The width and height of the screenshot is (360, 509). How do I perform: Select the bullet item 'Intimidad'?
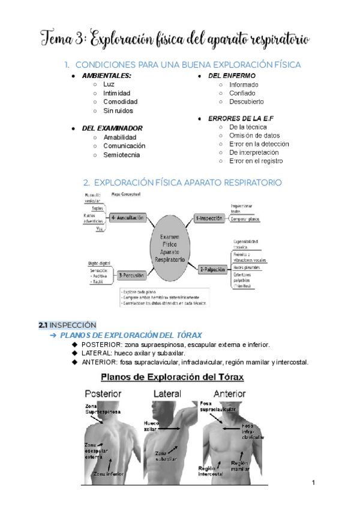[x=116, y=94]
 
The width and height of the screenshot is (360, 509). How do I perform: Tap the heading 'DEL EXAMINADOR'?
[x=112, y=128]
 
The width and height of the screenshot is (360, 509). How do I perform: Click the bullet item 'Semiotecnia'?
[x=122, y=155]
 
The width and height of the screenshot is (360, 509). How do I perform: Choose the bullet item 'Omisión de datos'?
[x=254, y=136]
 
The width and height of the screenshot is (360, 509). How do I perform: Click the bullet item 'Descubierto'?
[x=247, y=102]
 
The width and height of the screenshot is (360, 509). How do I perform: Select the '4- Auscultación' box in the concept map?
[x=127, y=218]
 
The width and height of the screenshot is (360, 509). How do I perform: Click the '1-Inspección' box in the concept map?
[x=211, y=218]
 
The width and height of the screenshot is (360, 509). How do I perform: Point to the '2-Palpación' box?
[x=212, y=270]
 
